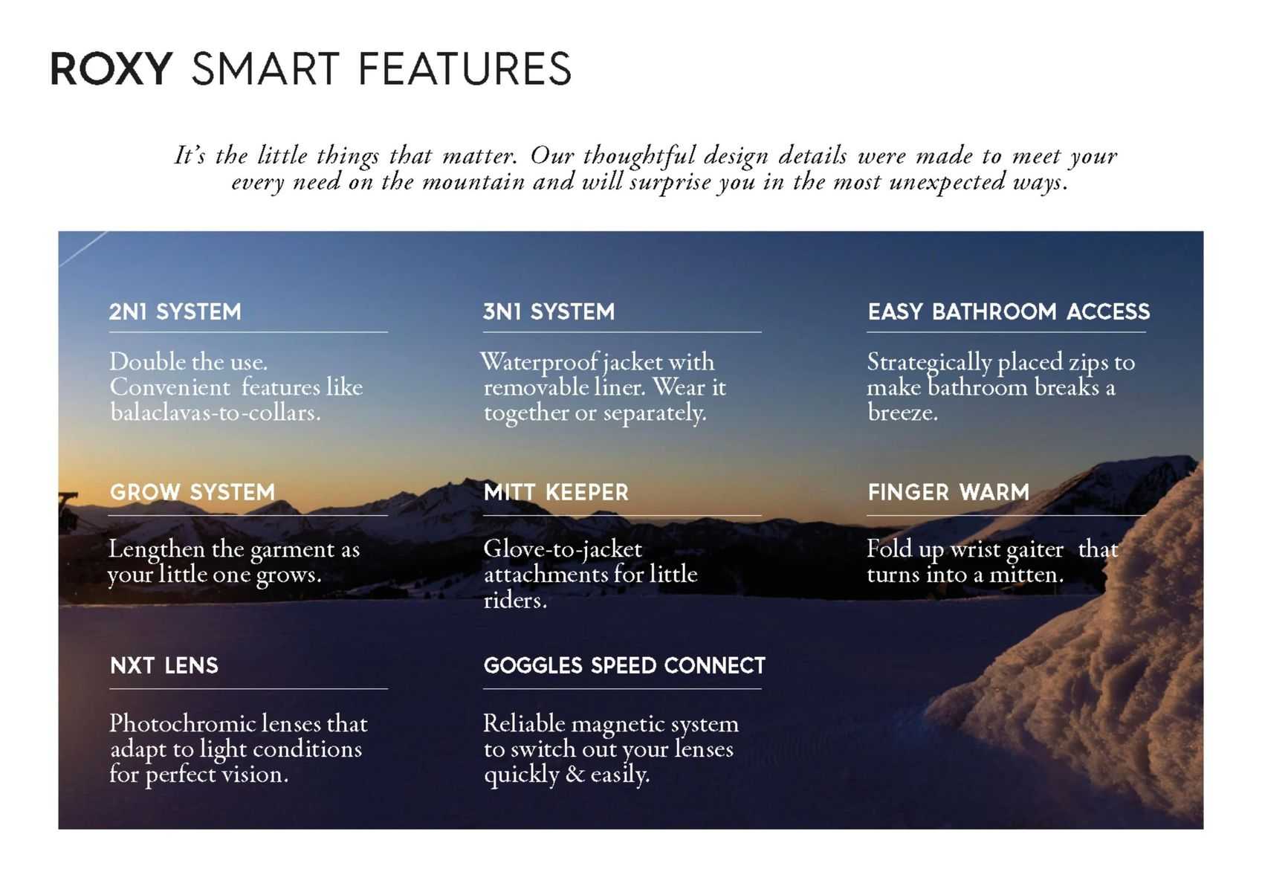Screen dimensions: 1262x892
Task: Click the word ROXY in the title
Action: (111, 68)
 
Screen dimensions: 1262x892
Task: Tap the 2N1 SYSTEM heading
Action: (175, 311)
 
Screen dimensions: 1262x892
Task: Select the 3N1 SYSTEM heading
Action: (549, 311)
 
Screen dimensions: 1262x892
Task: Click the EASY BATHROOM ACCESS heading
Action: (1009, 311)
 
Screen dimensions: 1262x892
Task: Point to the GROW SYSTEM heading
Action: (192, 492)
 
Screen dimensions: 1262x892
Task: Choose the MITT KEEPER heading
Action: (556, 492)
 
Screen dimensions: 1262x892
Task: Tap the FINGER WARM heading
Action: (949, 492)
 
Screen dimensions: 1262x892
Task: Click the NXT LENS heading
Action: (164, 665)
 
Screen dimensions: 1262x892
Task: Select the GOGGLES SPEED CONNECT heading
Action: (624, 665)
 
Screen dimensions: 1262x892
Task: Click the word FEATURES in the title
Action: (465, 68)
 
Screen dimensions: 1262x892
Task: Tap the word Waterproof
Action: (539, 362)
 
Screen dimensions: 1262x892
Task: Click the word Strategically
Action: (929, 363)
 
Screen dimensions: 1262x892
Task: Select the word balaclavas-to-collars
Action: (216, 413)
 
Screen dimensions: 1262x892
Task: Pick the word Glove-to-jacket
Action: (563, 549)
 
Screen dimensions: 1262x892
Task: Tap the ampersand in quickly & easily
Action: (575, 775)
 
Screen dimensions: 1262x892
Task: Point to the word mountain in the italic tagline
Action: (473, 182)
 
